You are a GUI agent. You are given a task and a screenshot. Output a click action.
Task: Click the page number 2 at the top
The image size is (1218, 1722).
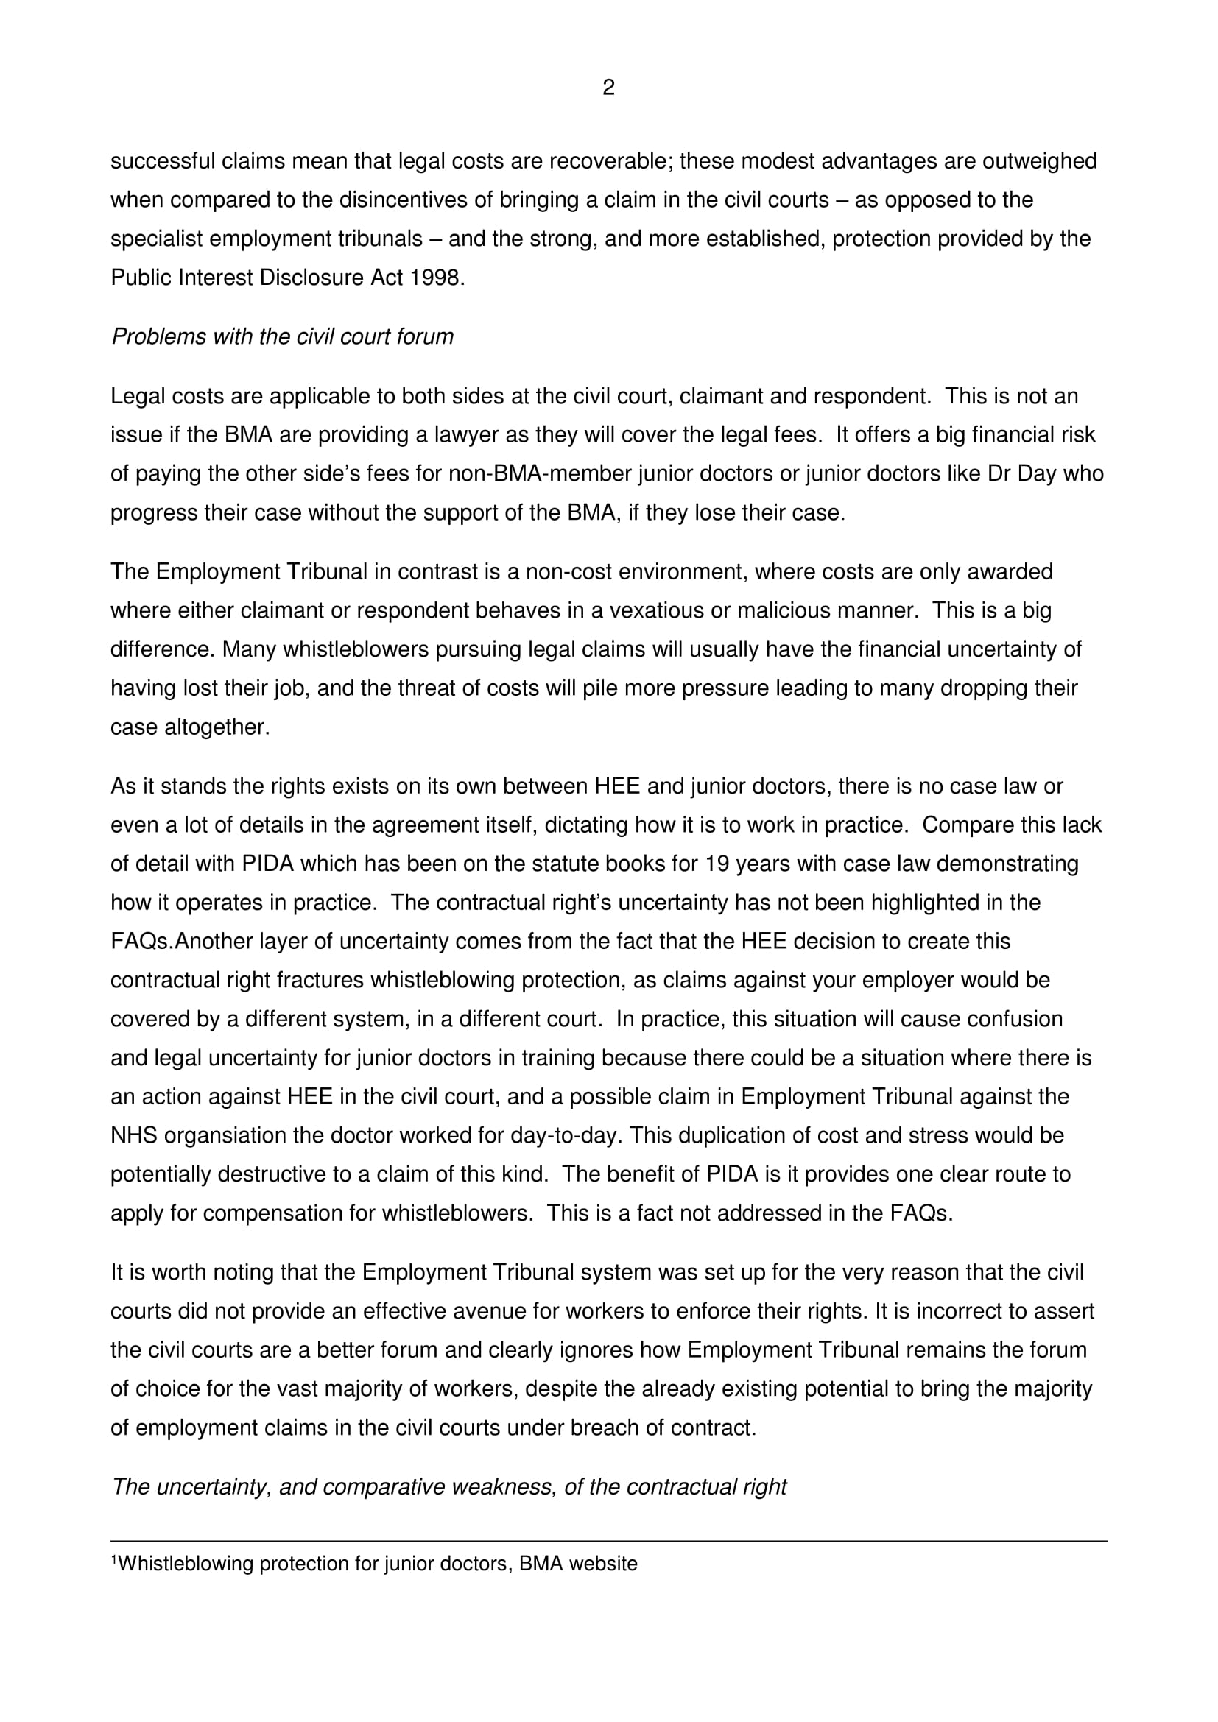click(608, 88)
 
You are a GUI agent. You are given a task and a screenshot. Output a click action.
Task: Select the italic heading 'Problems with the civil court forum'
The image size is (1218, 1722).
click(283, 336)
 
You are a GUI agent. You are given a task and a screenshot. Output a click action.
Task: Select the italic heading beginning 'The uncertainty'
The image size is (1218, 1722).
click(449, 1486)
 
